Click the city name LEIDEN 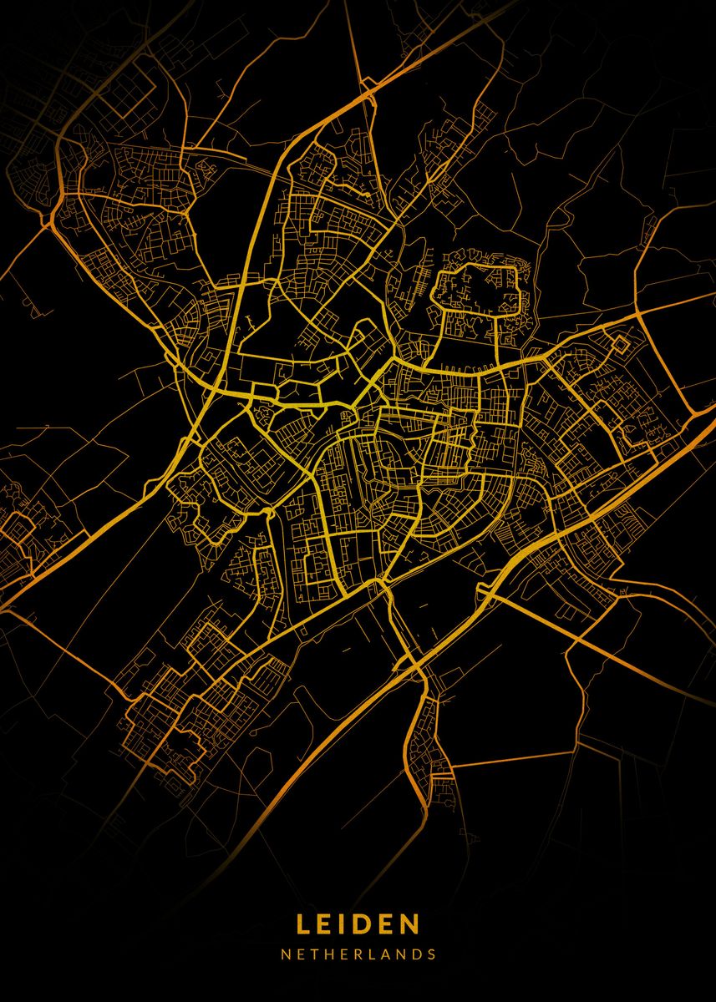pos(358,924)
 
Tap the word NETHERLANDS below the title pos(358,954)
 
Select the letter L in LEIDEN pos(303,924)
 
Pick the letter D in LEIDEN pos(364,924)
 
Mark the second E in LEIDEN pos(387,924)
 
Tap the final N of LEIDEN pos(410,924)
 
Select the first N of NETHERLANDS pos(285,954)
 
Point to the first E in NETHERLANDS pos(300,954)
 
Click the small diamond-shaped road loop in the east pos(621,343)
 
